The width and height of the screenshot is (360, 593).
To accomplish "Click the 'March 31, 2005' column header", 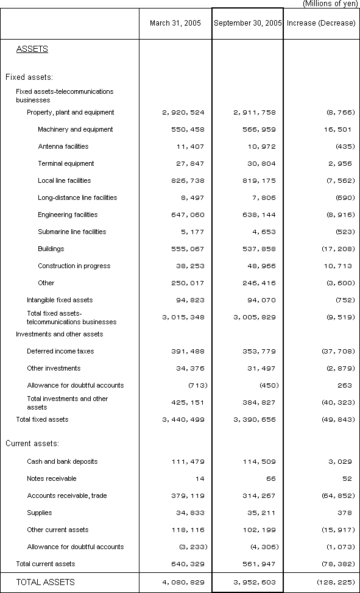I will tap(175, 23).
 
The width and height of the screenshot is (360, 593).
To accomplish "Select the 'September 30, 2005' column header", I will tap(247, 23).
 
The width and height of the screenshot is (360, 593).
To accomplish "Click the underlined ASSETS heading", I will tap(32, 49).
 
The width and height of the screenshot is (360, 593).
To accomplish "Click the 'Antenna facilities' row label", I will tap(63, 146).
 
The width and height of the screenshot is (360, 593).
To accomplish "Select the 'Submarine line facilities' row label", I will tap(72, 232).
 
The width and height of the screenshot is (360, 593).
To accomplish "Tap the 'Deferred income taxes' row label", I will tap(60, 351).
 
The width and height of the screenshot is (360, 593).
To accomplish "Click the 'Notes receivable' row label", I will tap(52, 478).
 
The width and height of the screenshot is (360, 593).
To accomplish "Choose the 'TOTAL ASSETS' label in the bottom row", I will tap(46, 582).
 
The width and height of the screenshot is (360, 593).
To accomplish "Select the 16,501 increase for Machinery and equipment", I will tap(339, 129).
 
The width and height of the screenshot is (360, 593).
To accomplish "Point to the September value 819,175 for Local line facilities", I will tap(255, 180).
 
